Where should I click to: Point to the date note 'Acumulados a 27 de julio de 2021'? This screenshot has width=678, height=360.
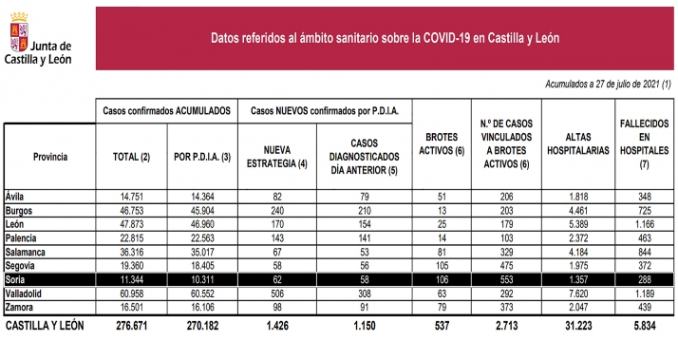(x=608, y=85)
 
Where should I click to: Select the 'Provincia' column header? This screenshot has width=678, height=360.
(x=49, y=155)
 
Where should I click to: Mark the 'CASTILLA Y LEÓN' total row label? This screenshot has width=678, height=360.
(x=45, y=325)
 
